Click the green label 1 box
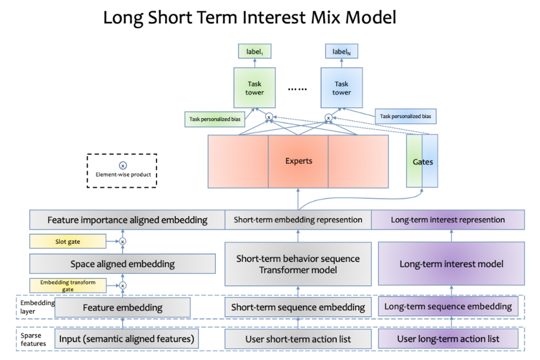[x=254, y=51]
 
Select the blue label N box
[x=341, y=51]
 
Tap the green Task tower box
[x=254, y=88]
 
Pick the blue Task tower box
[x=341, y=88]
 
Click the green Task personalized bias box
[x=215, y=119]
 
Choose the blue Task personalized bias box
[x=405, y=116]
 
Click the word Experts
[x=299, y=161]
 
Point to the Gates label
[x=423, y=162]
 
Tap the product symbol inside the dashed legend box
[x=123, y=166]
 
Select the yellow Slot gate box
[x=67, y=241]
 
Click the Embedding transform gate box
[x=68, y=286]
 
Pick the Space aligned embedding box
[x=123, y=264]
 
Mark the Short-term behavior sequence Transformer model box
[x=298, y=265]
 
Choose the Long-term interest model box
[x=451, y=264]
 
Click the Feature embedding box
[x=122, y=308]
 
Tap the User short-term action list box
[x=298, y=339]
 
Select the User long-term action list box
[x=448, y=339]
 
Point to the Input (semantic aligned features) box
[x=127, y=339]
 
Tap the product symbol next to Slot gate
[x=123, y=241]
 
